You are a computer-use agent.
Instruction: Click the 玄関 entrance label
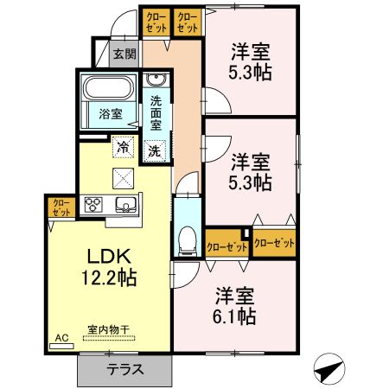[x=124, y=54]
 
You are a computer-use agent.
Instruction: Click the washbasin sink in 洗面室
[x=157, y=81]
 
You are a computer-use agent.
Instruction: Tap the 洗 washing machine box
[x=154, y=148]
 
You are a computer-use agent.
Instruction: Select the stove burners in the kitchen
[x=92, y=206]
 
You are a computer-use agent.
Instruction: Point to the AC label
[x=61, y=338]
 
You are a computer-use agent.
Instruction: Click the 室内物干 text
[x=108, y=329]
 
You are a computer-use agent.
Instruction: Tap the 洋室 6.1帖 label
[x=235, y=305]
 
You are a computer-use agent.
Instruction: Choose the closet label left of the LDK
[x=61, y=207]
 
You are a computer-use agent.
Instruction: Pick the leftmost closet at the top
[x=156, y=22]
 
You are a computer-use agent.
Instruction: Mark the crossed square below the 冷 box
[x=124, y=178]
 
